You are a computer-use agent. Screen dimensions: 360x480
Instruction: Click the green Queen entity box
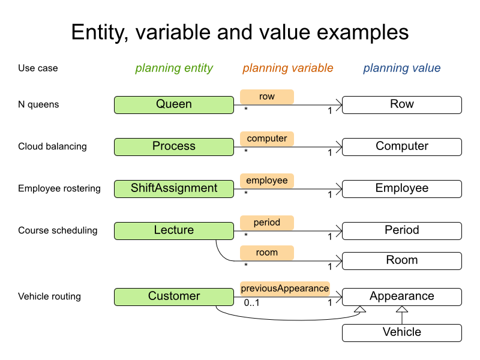click(x=174, y=104)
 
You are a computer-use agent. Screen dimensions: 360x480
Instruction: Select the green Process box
click(x=174, y=146)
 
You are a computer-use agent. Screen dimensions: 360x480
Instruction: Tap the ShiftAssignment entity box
click(x=174, y=188)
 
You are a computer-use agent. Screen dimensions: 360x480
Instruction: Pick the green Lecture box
click(x=174, y=230)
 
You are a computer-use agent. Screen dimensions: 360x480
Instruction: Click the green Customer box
click(x=174, y=296)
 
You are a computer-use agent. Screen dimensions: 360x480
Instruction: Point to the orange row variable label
click(x=267, y=97)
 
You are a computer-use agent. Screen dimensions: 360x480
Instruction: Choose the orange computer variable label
click(x=267, y=139)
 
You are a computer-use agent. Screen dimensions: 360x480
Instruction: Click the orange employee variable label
click(x=267, y=181)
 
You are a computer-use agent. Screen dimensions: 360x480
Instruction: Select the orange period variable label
click(x=267, y=223)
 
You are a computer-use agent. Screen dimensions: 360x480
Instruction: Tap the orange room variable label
click(x=267, y=253)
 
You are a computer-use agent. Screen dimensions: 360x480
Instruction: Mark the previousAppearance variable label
click(x=285, y=289)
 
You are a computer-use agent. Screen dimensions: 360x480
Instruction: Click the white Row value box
click(x=402, y=104)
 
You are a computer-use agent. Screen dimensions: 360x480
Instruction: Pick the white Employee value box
click(x=402, y=188)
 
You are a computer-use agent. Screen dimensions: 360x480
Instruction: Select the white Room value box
click(x=402, y=260)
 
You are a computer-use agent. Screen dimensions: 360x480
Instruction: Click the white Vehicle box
click(x=402, y=332)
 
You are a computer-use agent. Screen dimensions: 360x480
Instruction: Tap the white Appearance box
click(x=402, y=296)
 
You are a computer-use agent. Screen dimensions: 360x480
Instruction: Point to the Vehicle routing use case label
click(x=49, y=296)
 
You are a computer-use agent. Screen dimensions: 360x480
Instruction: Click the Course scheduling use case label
click(x=58, y=230)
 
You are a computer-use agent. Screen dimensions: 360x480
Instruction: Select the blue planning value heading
click(x=402, y=68)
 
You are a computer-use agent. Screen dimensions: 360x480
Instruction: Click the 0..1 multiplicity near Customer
click(x=251, y=303)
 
